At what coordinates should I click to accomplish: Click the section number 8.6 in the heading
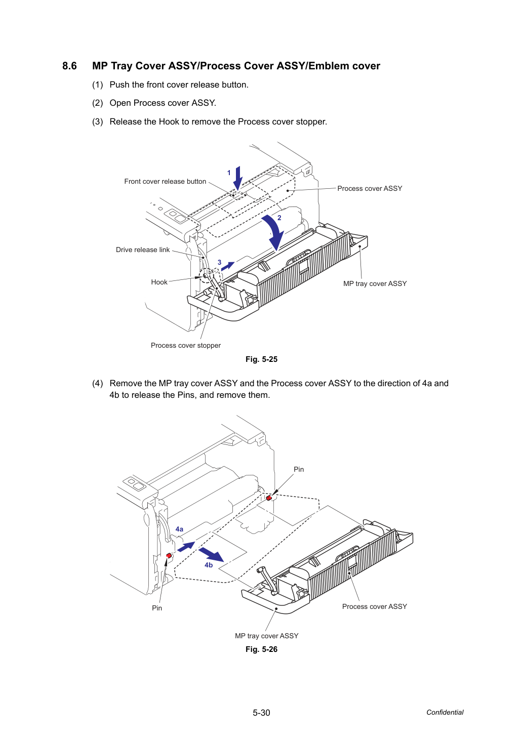[69, 66]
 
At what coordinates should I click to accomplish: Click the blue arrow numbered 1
[238, 178]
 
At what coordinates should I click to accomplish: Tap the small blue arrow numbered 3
[228, 266]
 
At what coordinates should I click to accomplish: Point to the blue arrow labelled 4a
[186, 547]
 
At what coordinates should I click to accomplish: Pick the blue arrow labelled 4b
[211, 554]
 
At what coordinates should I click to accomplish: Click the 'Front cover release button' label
[165, 181]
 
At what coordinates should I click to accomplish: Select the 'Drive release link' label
[143, 250]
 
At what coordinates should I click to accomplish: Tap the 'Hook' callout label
[159, 282]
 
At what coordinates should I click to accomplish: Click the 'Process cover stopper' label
[186, 345]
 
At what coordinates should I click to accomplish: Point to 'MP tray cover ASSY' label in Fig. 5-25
[375, 283]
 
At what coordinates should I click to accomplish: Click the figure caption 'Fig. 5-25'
[261, 359]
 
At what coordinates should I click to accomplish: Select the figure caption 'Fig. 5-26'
[261, 649]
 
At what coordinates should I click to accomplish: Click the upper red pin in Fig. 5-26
[269, 498]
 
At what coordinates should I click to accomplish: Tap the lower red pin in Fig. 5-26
[169, 555]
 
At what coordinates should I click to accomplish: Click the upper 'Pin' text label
[299, 469]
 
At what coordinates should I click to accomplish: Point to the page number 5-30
[261, 713]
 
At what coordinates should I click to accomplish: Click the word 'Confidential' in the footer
[445, 713]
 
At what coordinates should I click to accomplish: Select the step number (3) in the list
[98, 121]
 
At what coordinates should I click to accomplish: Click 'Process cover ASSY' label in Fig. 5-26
[374, 606]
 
